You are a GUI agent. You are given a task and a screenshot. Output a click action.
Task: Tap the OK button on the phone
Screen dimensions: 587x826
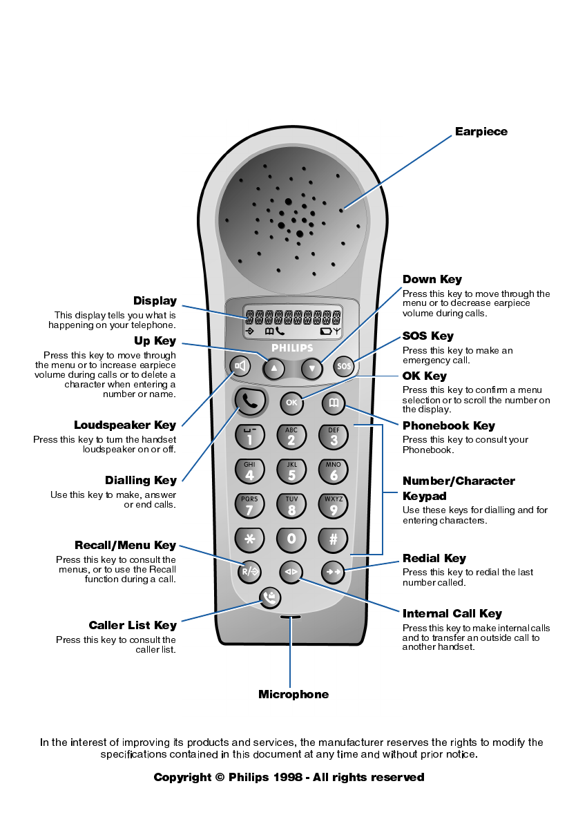(x=291, y=403)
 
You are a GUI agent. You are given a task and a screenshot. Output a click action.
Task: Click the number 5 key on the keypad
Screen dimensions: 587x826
(x=291, y=472)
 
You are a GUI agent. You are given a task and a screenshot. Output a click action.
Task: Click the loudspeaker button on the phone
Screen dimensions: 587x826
(x=240, y=366)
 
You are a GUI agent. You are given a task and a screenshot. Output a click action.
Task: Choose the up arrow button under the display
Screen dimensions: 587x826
(x=273, y=368)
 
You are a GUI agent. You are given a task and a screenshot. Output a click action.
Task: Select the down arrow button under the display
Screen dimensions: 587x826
(x=312, y=368)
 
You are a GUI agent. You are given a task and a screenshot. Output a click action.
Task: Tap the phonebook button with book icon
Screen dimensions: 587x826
(x=333, y=403)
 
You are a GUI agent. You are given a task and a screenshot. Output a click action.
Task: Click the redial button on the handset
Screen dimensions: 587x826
(x=334, y=572)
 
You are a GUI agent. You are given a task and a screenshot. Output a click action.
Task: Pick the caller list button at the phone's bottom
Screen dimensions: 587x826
(x=270, y=597)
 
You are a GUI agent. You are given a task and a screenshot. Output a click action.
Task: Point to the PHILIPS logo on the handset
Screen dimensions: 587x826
(x=292, y=349)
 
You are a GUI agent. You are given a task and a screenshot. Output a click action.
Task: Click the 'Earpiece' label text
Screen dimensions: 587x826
(x=481, y=132)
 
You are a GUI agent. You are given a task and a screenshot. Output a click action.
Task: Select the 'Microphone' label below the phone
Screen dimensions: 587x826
(x=293, y=694)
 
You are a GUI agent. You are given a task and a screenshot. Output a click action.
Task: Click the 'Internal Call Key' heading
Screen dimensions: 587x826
(x=452, y=613)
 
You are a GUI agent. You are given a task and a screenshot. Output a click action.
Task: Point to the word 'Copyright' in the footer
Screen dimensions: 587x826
(x=182, y=777)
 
